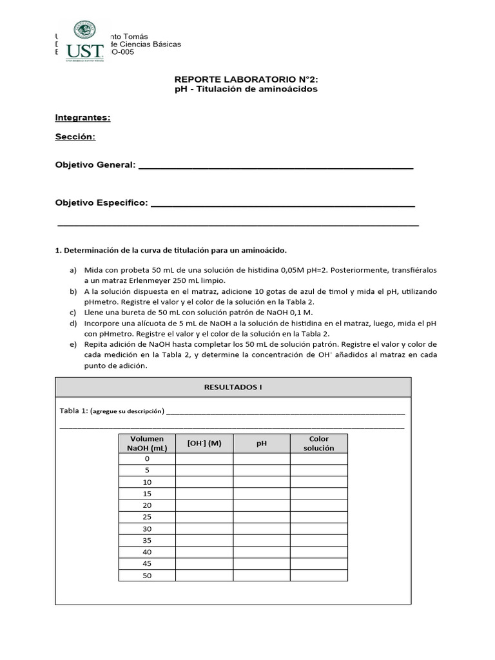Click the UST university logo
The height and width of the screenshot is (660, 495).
84,41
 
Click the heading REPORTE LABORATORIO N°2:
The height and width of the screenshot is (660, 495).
246,79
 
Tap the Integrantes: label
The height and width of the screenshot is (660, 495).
82,117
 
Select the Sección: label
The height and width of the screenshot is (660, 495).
75,137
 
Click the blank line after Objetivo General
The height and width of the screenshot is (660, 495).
276,166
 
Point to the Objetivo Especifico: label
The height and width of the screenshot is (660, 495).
101,203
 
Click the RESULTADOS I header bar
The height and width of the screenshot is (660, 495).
233,387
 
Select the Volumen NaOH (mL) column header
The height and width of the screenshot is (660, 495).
147,443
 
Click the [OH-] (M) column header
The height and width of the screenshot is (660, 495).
204,443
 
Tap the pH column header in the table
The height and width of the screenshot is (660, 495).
262,443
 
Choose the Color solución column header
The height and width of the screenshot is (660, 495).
318,443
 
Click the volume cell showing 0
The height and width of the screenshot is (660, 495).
147,459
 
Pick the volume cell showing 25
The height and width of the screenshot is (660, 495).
147,517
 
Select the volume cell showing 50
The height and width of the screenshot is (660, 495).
147,576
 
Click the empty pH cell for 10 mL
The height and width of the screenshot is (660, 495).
262,482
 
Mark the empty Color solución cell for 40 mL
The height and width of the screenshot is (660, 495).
318,552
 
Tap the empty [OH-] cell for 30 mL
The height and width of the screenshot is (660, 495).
204,529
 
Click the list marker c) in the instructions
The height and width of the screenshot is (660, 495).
73,312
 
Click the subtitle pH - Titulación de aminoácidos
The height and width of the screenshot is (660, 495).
246,90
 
